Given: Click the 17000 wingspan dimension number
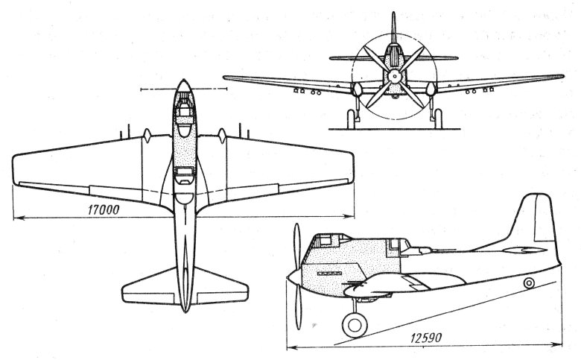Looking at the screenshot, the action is click(104, 210).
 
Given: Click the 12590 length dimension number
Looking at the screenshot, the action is click(426, 338).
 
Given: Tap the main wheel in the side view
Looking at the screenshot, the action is click(355, 325).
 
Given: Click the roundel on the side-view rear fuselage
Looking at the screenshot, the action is click(529, 283).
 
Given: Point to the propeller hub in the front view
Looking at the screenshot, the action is click(394, 77).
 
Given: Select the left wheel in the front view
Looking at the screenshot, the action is click(351, 119).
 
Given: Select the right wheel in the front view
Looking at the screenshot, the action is click(438, 119).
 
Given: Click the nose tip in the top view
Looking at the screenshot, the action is click(184, 80).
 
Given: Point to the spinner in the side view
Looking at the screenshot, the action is click(294, 277).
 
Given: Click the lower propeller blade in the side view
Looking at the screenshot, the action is click(297, 307).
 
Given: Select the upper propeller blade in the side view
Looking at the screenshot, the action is click(296, 247).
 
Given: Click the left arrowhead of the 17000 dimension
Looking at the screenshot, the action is click(16, 217).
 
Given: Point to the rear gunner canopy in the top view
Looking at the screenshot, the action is click(184, 175).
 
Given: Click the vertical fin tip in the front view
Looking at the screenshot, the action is click(394, 13).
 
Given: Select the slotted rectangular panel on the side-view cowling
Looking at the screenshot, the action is click(329, 274).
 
